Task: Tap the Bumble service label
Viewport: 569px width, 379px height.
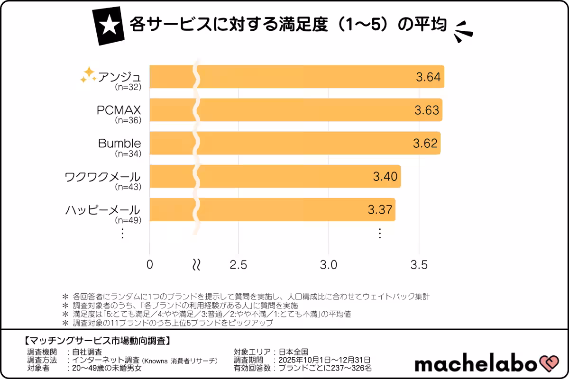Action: click(119, 144)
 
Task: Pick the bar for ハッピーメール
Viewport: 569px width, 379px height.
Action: click(284, 209)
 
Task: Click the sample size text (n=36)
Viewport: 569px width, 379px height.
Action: click(128, 121)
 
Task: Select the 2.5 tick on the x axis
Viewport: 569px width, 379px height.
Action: click(238, 265)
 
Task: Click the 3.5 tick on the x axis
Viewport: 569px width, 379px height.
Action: click(419, 265)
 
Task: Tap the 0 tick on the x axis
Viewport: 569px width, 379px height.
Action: click(150, 265)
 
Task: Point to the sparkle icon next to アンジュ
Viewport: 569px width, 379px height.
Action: click(88, 74)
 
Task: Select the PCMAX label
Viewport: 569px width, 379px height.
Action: click(119, 110)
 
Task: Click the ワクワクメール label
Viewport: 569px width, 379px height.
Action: click(102, 177)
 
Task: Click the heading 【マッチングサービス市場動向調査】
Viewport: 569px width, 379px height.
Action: click(97, 340)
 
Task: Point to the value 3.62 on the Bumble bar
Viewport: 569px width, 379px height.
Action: click(425, 143)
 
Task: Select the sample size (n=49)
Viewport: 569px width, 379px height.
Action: click(128, 220)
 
